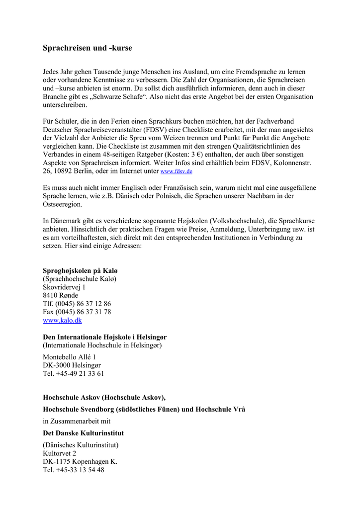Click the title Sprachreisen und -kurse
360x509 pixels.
[87, 48]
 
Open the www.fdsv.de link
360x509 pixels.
[176, 171]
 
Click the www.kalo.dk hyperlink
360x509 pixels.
[62, 321]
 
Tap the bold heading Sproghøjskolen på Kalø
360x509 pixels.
[80, 270]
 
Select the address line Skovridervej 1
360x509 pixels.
[64, 287]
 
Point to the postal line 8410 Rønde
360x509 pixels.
[60, 296]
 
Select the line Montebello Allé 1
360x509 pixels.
[69, 357]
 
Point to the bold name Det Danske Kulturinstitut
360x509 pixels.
[83, 433]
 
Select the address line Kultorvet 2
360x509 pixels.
[60, 453]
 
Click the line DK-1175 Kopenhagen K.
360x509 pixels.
[80, 462]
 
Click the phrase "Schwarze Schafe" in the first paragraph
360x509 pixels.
[119, 96]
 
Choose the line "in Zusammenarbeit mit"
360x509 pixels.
[77, 421]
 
